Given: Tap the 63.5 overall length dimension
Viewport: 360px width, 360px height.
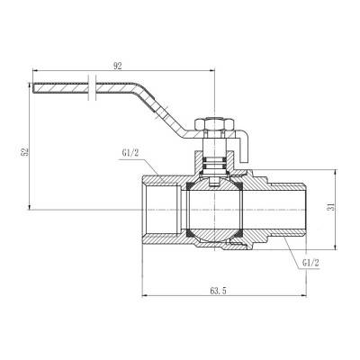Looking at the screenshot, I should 217,291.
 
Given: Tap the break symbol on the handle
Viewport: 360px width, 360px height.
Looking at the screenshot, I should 92,87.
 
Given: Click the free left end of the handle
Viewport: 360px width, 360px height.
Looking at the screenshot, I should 38,87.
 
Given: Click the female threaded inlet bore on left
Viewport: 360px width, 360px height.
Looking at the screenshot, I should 162,209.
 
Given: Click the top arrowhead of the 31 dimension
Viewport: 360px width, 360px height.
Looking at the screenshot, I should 336,170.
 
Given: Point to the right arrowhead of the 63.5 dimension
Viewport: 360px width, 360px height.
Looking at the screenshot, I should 294,297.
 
